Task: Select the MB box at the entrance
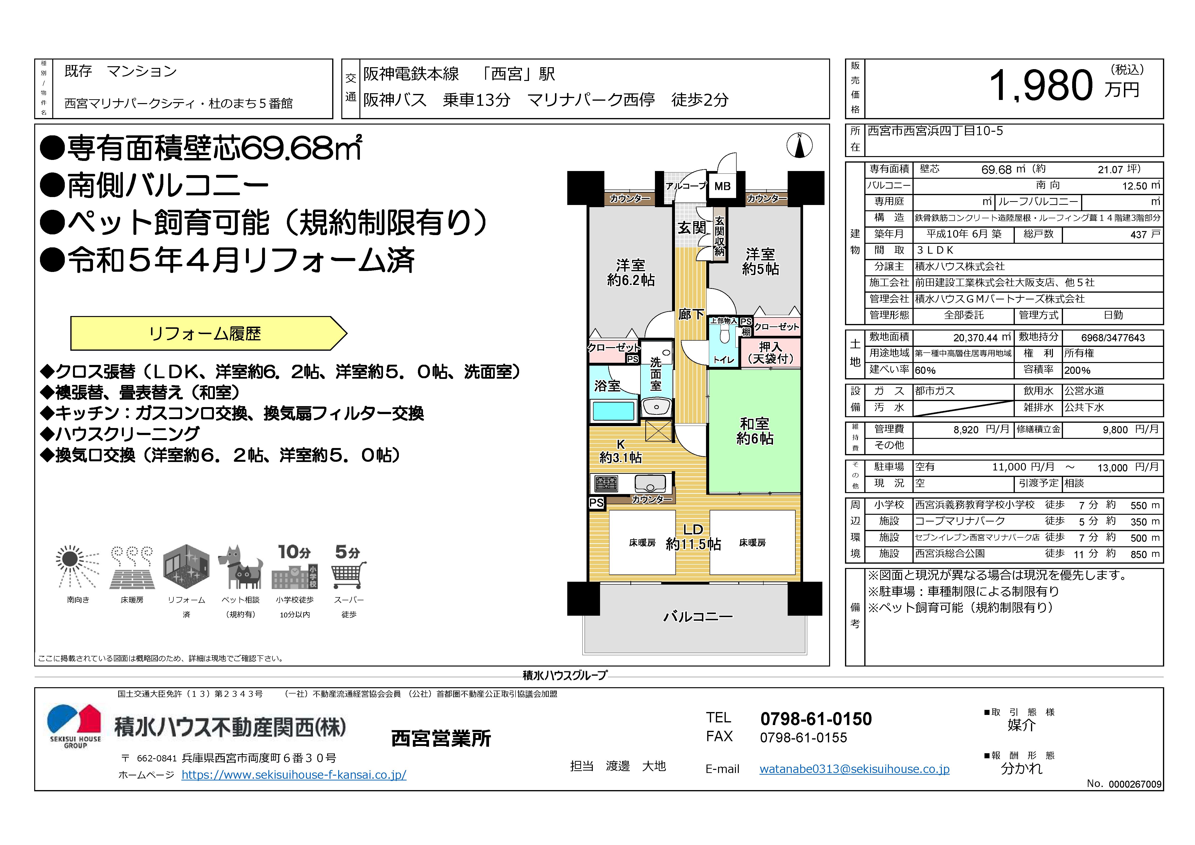[722, 186]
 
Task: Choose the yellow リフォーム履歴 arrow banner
[208, 333]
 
